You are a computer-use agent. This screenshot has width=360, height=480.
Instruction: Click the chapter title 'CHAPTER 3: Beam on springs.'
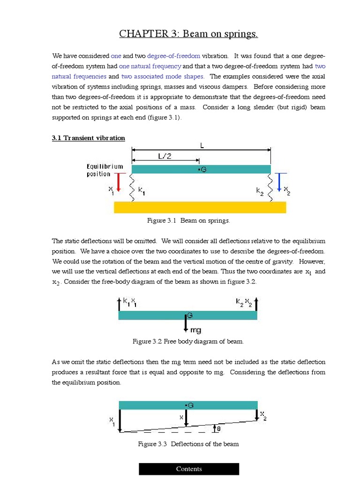(188, 34)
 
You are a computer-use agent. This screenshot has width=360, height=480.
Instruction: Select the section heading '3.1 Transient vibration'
(88, 138)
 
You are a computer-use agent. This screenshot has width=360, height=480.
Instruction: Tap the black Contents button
(189, 469)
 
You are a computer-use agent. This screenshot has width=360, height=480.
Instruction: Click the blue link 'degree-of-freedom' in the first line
(173, 56)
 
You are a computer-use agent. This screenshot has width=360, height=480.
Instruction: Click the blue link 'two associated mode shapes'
(162, 76)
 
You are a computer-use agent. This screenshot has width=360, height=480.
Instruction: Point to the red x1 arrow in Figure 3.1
(119, 182)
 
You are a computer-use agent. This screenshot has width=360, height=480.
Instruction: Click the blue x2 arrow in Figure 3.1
(279, 182)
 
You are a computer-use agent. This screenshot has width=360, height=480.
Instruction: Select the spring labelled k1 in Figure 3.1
(132, 188)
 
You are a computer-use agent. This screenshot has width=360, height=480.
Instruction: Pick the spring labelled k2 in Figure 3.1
(270, 188)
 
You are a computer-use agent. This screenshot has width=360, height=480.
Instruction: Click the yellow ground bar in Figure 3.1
(200, 207)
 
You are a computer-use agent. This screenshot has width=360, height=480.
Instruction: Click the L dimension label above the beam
(202, 146)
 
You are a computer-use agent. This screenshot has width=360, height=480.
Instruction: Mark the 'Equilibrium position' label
(105, 170)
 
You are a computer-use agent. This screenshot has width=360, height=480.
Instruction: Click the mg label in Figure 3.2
(195, 330)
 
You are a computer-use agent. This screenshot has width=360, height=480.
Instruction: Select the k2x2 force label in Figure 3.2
(244, 302)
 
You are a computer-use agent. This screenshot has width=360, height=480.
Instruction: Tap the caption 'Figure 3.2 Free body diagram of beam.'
(188, 342)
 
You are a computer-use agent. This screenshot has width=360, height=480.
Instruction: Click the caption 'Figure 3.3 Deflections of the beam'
(188, 444)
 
